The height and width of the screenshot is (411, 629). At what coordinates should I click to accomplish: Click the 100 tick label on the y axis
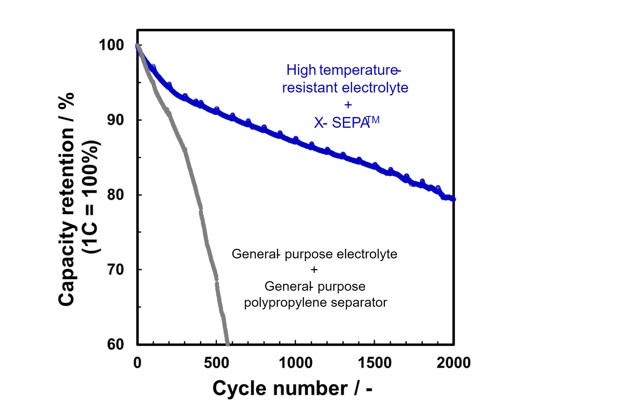click(111, 45)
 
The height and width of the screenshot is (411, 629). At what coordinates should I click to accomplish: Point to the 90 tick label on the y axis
click(115, 120)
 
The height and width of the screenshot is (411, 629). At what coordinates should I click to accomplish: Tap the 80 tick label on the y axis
click(115, 195)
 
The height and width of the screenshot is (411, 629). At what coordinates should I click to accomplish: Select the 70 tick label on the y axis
click(115, 270)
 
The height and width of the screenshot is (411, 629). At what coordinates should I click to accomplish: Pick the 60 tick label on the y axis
click(115, 344)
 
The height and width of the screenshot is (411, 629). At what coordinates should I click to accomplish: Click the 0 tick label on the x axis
click(137, 363)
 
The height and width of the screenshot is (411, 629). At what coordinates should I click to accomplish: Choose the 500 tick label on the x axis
click(216, 363)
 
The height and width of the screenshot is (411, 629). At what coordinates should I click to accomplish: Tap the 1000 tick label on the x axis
click(296, 363)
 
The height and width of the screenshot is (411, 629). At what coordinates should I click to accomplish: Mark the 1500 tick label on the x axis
click(375, 363)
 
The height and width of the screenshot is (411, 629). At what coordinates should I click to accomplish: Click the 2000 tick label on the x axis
click(453, 363)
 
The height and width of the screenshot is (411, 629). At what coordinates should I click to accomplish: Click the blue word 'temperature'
click(358, 70)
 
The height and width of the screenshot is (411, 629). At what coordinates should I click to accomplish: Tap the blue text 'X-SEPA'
click(341, 123)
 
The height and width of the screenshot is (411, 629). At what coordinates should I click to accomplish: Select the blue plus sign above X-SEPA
click(348, 105)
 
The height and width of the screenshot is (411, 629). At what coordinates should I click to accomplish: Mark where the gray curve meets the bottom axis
click(227, 344)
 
